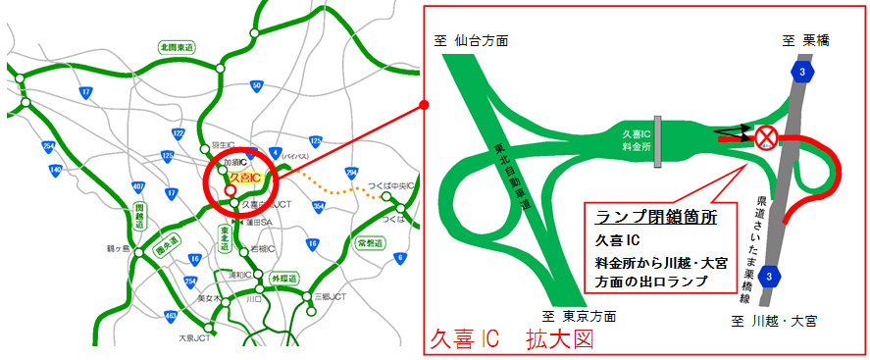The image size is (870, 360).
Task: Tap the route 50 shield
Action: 256,85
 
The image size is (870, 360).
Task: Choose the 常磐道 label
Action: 370,241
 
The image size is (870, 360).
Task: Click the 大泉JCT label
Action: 194,338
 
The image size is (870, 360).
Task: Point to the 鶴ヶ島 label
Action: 119,249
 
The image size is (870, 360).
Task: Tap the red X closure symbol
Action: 763,138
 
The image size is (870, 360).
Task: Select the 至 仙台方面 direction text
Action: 473,42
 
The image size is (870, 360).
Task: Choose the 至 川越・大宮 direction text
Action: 775,320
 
